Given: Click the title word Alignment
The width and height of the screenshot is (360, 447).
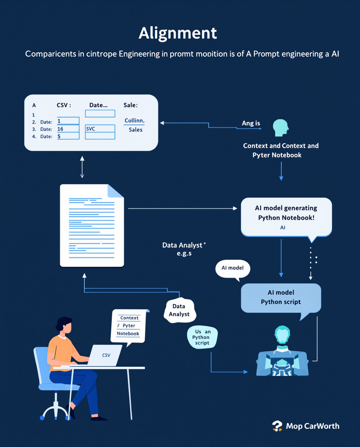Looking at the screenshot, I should click(x=178, y=33).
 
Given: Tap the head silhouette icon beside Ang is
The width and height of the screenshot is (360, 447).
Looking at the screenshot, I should click(x=280, y=128).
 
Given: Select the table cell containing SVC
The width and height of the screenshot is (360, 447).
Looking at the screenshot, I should click(x=100, y=129).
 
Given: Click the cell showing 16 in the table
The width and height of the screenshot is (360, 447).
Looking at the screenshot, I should click(x=68, y=129).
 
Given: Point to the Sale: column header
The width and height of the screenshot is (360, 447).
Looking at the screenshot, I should click(x=130, y=105).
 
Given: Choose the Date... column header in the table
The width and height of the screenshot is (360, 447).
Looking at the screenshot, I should click(x=98, y=105).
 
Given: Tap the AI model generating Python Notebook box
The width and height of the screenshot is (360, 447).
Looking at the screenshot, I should click(x=286, y=217).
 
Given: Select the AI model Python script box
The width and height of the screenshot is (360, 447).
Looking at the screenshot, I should click(x=281, y=297).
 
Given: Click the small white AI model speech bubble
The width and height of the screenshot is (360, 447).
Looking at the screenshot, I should click(x=233, y=268).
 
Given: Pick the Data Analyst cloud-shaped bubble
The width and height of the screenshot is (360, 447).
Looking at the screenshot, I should click(x=179, y=311).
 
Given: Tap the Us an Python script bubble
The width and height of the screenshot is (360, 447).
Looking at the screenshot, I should click(x=202, y=337).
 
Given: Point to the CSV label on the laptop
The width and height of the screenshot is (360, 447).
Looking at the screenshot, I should click(x=106, y=355).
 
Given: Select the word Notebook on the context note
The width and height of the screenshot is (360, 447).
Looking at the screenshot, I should click(x=128, y=334).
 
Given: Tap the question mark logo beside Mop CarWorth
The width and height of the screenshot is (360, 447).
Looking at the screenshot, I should click(x=277, y=426).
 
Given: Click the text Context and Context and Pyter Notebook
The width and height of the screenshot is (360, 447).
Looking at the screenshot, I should click(x=281, y=150).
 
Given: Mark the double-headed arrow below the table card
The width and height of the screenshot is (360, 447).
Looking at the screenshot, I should click(x=82, y=167).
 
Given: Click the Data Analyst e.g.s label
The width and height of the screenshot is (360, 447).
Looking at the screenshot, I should click(x=184, y=249).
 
